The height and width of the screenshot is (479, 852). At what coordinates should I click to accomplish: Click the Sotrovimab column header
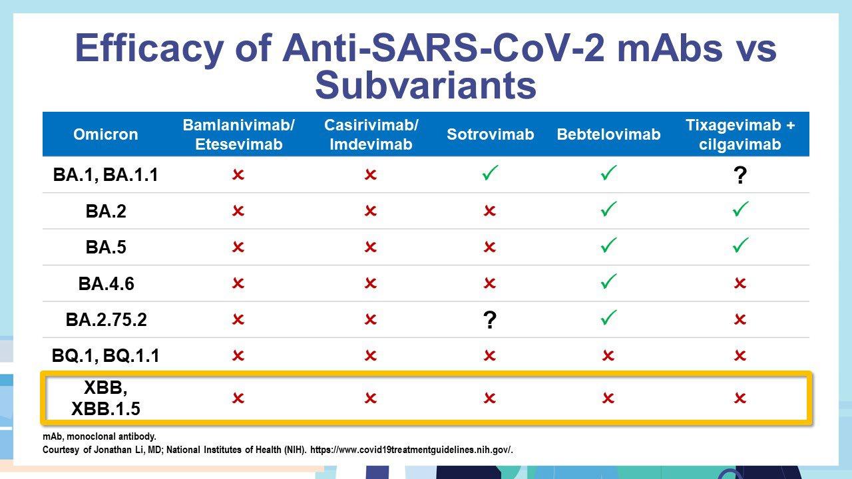tap(490, 134)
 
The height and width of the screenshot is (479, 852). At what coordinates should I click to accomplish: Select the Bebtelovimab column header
tap(608, 134)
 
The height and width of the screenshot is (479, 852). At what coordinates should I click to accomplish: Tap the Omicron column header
tap(105, 134)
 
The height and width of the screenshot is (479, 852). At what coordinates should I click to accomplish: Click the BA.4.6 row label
tap(106, 283)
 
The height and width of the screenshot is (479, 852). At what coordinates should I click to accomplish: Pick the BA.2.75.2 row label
tap(106, 319)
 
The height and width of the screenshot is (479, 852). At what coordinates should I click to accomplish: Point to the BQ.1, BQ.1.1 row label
tap(105, 356)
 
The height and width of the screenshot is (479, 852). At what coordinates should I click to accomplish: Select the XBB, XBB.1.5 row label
tap(106, 398)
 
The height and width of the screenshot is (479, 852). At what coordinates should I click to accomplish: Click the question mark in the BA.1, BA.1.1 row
tap(740, 175)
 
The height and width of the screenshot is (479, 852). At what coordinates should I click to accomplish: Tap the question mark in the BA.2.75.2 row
tap(489, 320)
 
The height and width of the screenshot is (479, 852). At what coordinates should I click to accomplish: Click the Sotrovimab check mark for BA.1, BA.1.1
tap(490, 172)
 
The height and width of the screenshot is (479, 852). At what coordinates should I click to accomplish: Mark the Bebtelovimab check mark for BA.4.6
tap(608, 281)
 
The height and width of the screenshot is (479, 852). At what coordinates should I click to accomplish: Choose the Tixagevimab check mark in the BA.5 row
tap(740, 245)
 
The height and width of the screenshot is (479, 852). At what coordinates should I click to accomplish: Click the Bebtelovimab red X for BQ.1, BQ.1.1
tap(608, 356)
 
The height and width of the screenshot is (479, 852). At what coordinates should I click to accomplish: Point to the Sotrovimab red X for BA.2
tap(489, 211)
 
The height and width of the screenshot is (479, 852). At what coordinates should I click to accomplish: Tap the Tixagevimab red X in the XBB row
tap(740, 398)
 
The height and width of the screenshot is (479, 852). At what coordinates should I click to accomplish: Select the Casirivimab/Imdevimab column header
tap(371, 134)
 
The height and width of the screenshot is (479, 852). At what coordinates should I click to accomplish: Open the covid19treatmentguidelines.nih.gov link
tap(411, 450)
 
